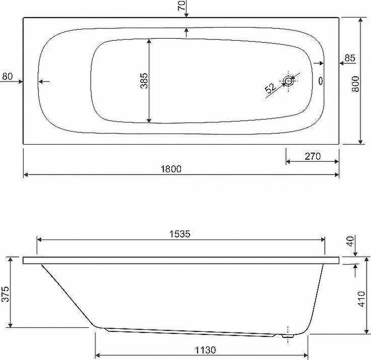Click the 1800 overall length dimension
click(x=171, y=169)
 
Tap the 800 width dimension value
click(x=355, y=84)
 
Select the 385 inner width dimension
click(x=144, y=81)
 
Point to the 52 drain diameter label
click(x=270, y=88)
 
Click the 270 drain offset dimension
click(x=313, y=156)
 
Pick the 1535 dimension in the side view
click(x=180, y=234)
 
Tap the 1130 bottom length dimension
click(x=206, y=350)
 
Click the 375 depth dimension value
click(x=5, y=294)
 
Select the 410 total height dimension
click(x=361, y=299)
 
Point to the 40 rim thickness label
click(x=350, y=241)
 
